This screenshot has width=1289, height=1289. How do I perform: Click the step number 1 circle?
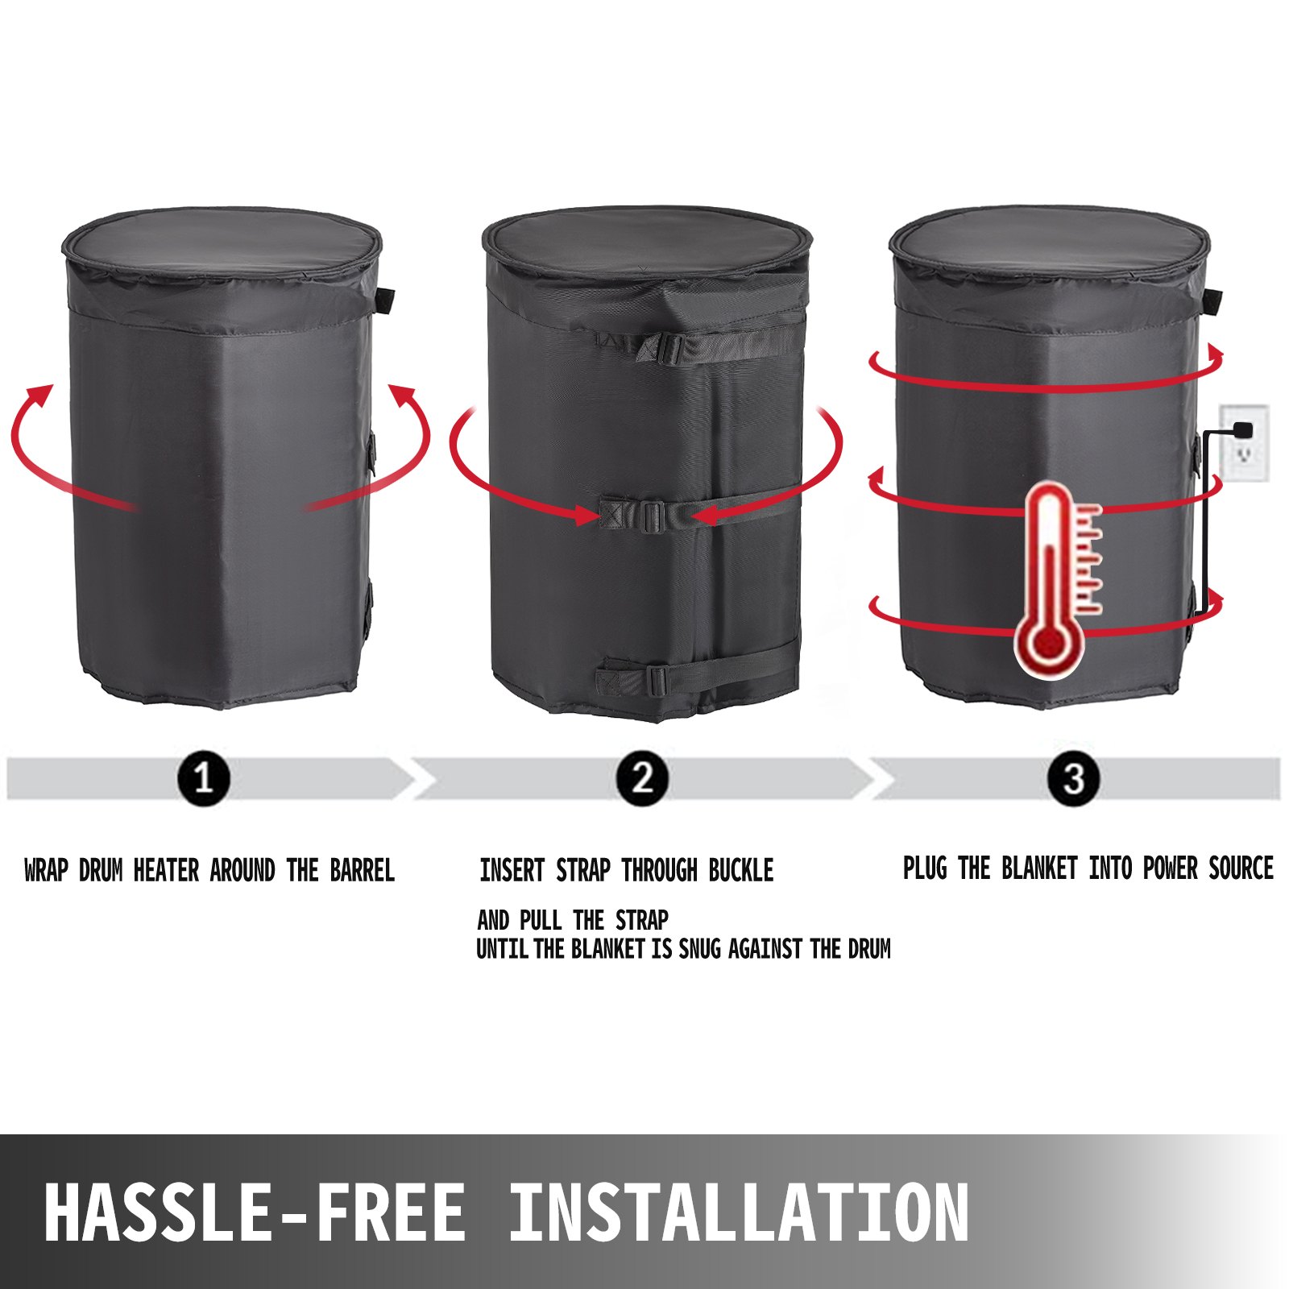(x=204, y=779)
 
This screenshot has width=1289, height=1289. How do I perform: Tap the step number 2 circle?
(x=642, y=779)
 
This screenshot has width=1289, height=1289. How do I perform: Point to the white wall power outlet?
(x=1245, y=443)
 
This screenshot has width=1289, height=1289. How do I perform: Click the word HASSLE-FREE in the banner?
(x=255, y=1212)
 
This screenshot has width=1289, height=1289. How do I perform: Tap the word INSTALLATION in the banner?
(x=739, y=1212)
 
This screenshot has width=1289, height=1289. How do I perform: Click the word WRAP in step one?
(x=46, y=871)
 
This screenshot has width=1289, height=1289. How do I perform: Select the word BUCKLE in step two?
(x=741, y=871)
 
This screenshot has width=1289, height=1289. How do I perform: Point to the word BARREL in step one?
(x=363, y=871)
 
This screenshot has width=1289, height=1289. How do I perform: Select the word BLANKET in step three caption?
(x=1039, y=868)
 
